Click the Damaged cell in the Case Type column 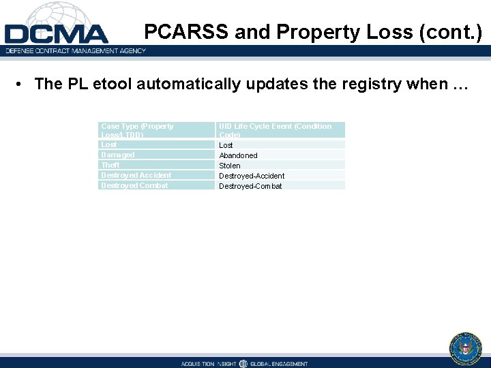coord(118,155)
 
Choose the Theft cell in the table coord(110,165)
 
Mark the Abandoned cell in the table coord(238,155)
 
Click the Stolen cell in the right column coord(230,166)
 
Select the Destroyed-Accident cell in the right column coord(252,176)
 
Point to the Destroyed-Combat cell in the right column coord(250,186)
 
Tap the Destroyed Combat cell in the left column coord(134,185)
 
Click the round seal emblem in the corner coord(466,348)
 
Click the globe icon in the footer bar coord(243,363)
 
